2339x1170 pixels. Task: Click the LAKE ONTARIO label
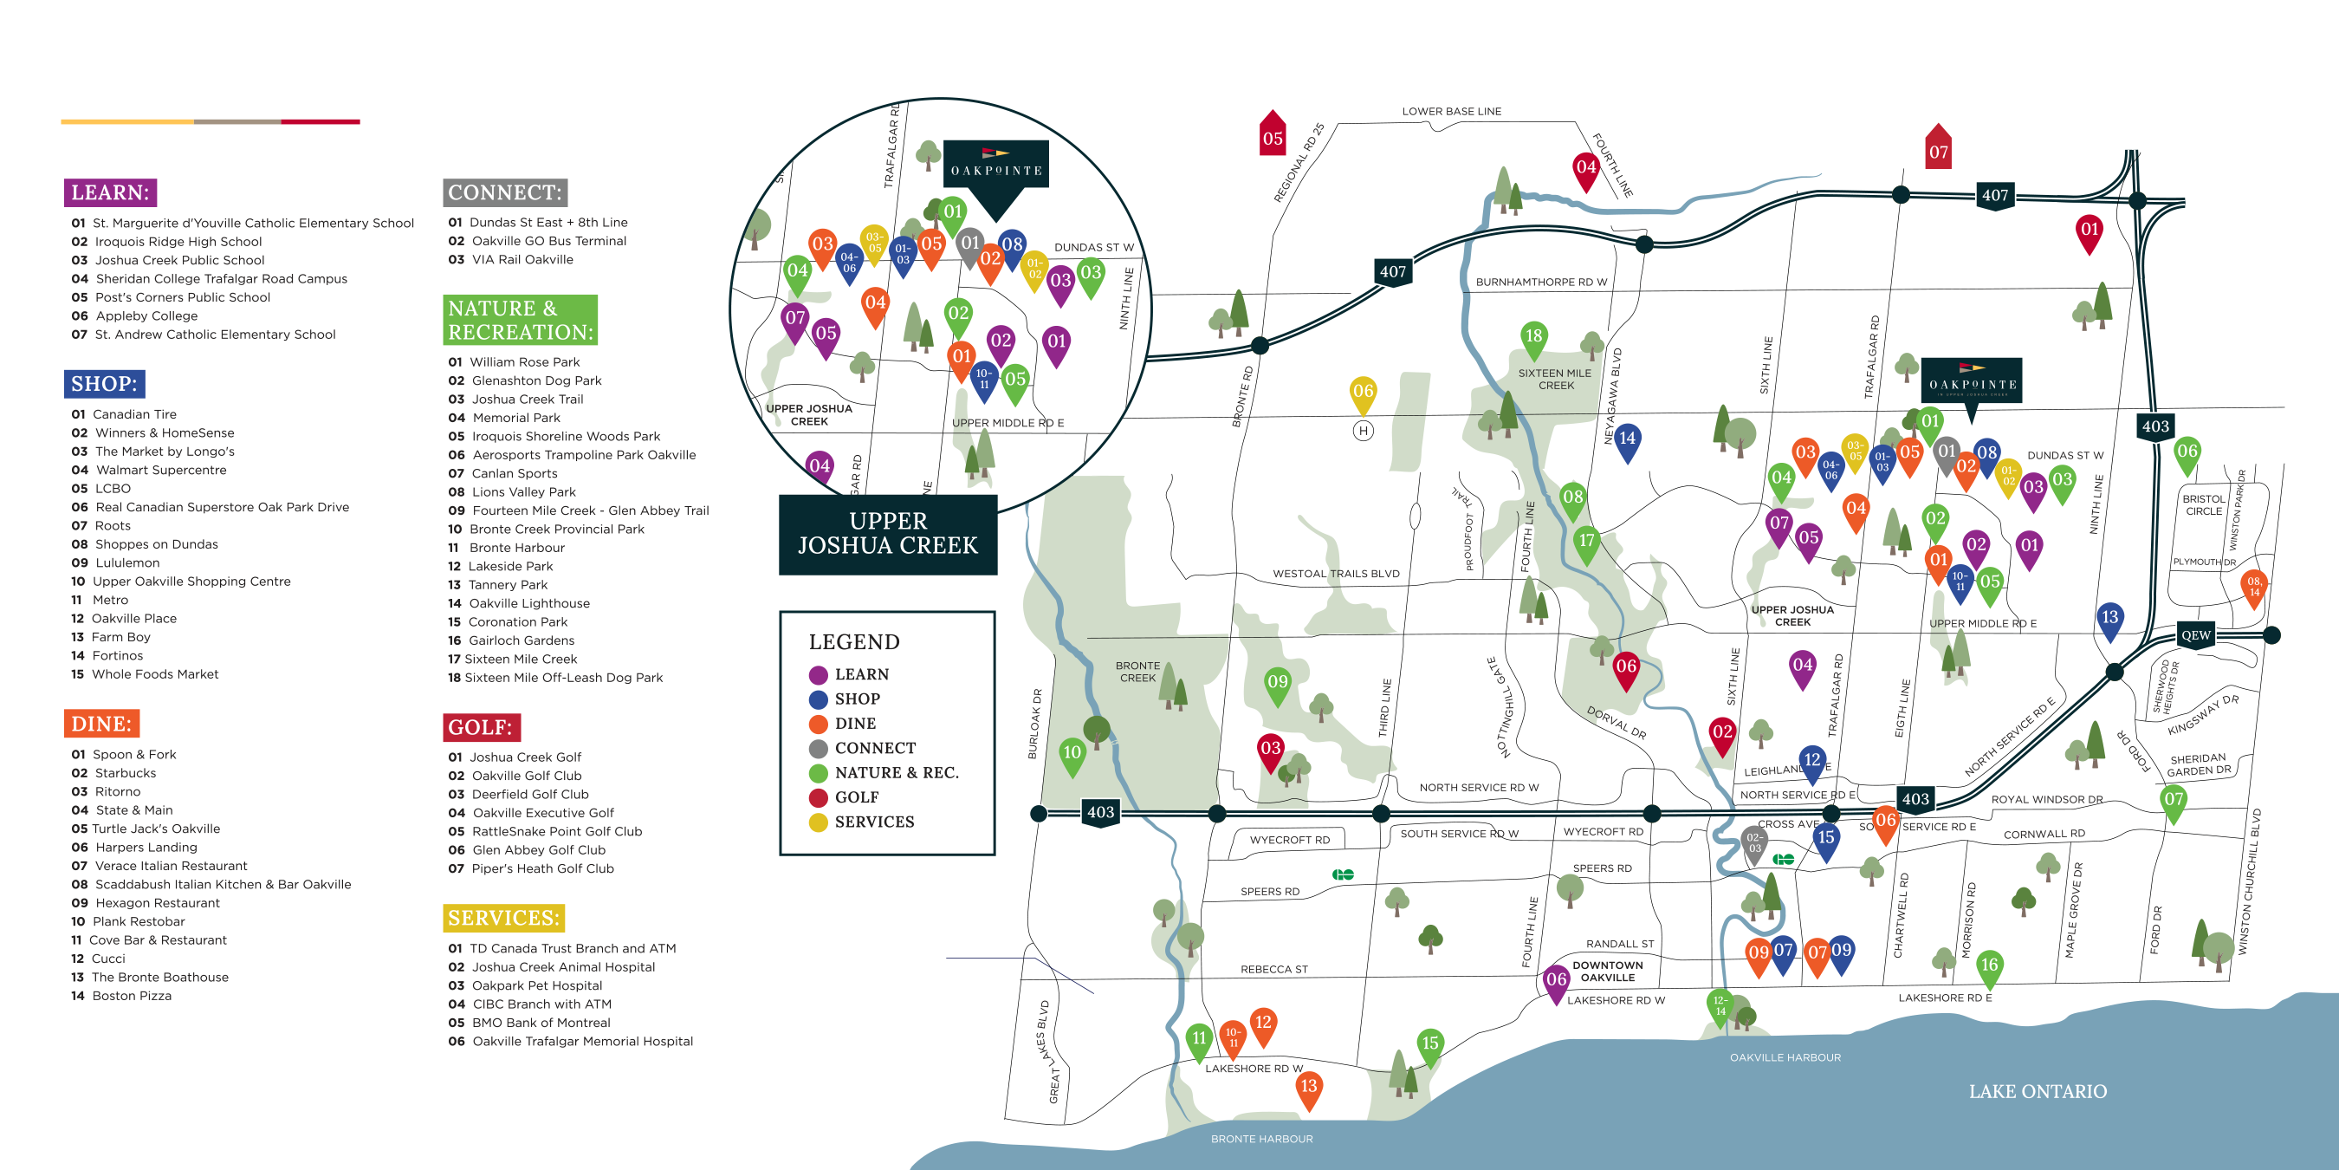pyautogui.click(x=2037, y=1092)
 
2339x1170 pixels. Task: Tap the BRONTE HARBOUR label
pyautogui.click(x=1261, y=1139)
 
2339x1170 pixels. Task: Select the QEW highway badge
pyautogui.click(x=2195, y=635)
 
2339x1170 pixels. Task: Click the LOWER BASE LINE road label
pyautogui.click(x=1451, y=112)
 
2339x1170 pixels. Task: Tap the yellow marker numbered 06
pyautogui.click(x=1363, y=393)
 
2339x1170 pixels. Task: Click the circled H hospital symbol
pyautogui.click(x=1363, y=432)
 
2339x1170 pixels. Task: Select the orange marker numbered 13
pyautogui.click(x=1308, y=1088)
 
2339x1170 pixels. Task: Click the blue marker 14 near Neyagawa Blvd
pyautogui.click(x=1627, y=439)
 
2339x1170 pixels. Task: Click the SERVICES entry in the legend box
pyautogui.click(x=873, y=822)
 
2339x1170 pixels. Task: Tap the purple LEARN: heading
pyautogui.click(x=110, y=192)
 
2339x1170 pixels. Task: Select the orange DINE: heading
pyautogui.click(x=101, y=724)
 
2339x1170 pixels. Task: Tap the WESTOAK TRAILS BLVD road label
pyautogui.click(x=1336, y=574)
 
